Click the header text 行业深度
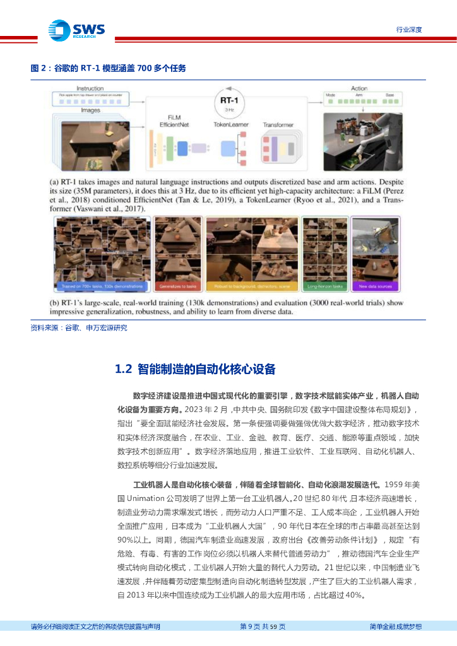coord(408,30)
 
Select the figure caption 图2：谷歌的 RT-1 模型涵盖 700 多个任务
coord(108,69)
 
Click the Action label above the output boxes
coord(359,88)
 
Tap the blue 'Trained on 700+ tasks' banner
coord(102,286)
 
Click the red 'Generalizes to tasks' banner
coord(177,286)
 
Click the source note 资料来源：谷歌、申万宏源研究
coord(79,327)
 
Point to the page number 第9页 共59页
coord(263,626)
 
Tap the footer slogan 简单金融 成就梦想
coord(395,626)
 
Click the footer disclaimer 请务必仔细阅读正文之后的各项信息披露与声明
coord(95,626)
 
